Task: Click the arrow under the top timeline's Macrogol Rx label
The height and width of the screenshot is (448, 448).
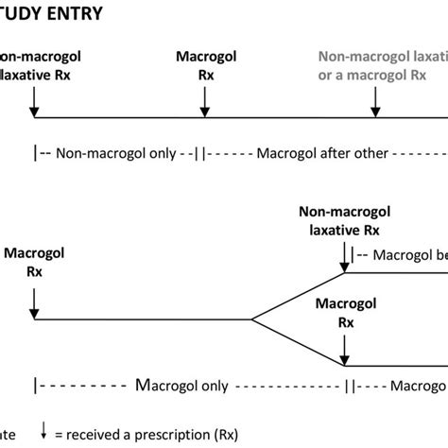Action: tap(204, 103)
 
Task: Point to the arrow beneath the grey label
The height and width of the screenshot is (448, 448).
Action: tap(376, 103)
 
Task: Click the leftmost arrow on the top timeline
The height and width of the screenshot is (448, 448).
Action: tap(34, 103)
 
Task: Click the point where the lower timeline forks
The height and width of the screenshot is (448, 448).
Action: tap(250, 319)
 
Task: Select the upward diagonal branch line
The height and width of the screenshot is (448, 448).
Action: tap(298, 296)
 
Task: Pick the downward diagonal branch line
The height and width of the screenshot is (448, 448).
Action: tap(298, 343)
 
